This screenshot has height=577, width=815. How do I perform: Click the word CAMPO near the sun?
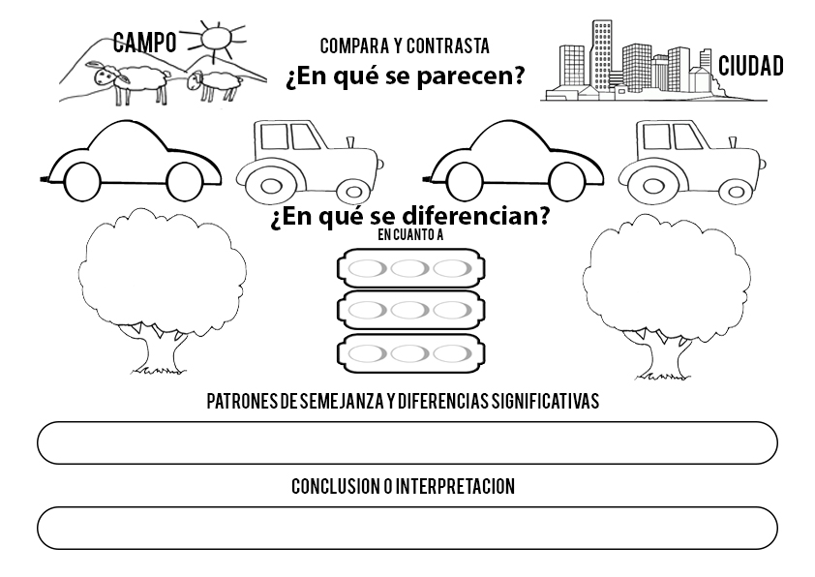pos(144,42)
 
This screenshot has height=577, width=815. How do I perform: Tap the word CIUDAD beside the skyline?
pos(750,66)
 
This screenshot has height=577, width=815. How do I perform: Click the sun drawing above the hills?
pos(214,38)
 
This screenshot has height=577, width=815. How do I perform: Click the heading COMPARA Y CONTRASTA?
pos(405,46)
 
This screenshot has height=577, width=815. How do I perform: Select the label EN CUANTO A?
pos(410,235)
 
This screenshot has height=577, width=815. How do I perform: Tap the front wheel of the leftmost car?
pos(184,181)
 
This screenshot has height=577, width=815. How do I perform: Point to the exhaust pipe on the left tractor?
pos(349,142)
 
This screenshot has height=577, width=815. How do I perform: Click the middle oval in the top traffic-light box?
pos(409,269)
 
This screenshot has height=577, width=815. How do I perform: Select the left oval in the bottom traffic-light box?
pos(367,354)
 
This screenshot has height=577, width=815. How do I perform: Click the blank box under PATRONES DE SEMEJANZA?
pos(407,442)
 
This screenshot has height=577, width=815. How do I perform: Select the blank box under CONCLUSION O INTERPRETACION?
pos(407,528)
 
